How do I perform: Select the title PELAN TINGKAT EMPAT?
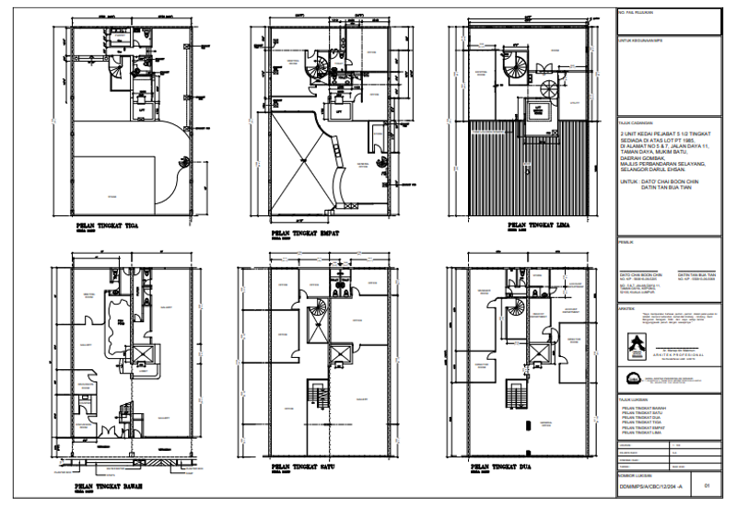(303, 233)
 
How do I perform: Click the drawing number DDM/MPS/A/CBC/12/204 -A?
(650, 482)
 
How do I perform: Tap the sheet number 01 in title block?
(707, 482)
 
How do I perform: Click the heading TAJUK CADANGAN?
(635, 121)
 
